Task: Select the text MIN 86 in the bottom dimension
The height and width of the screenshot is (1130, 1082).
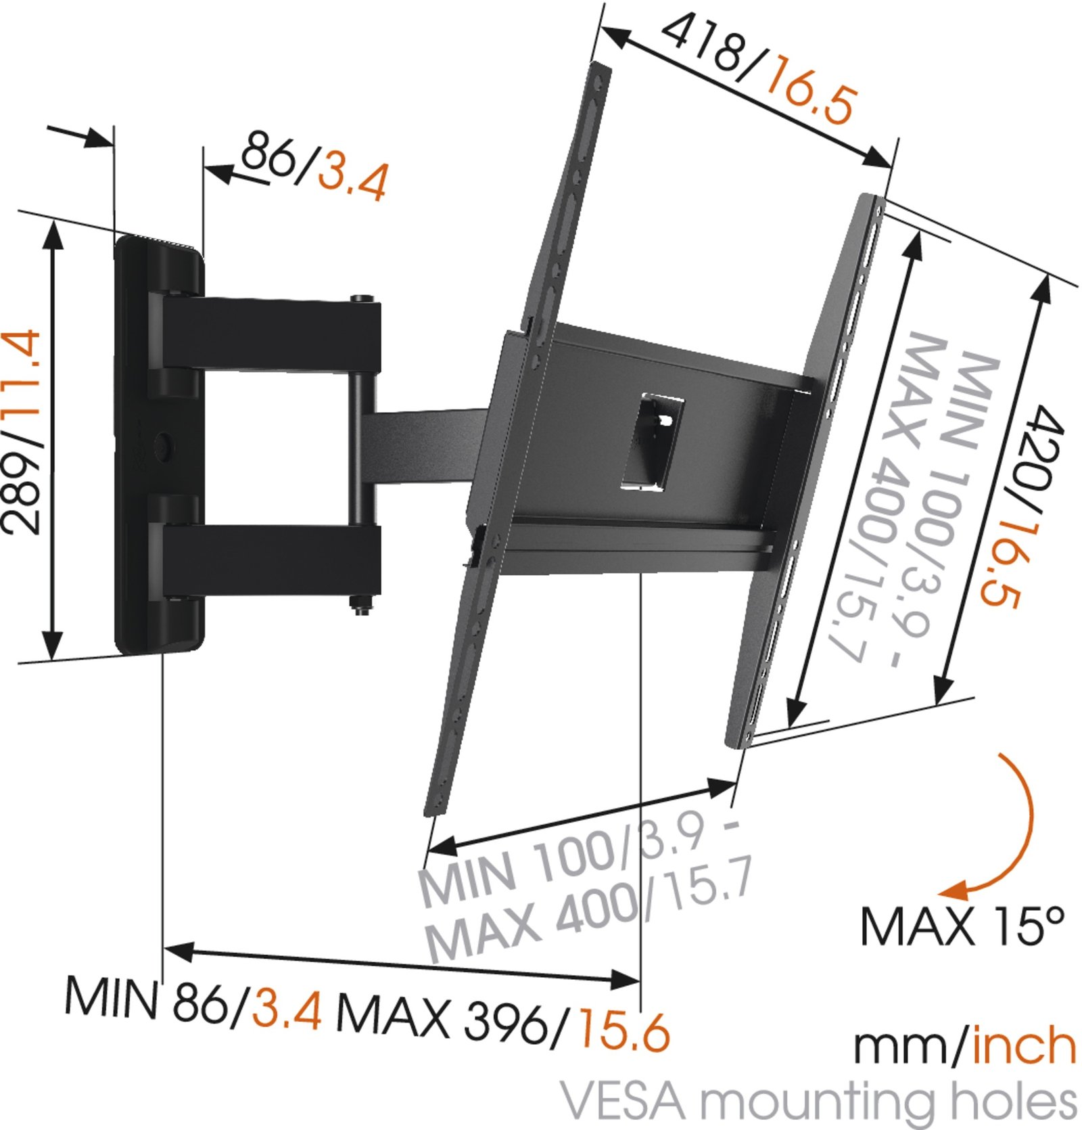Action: coord(145,997)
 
